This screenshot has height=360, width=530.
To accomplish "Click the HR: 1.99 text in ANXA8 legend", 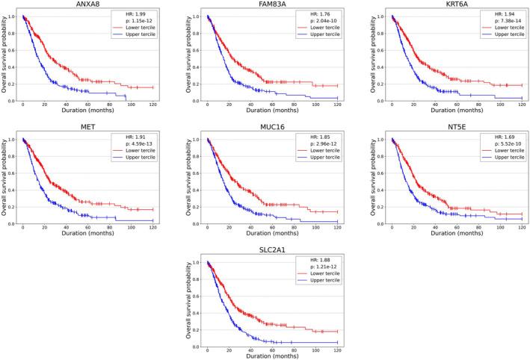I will click(x=137, y=15).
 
